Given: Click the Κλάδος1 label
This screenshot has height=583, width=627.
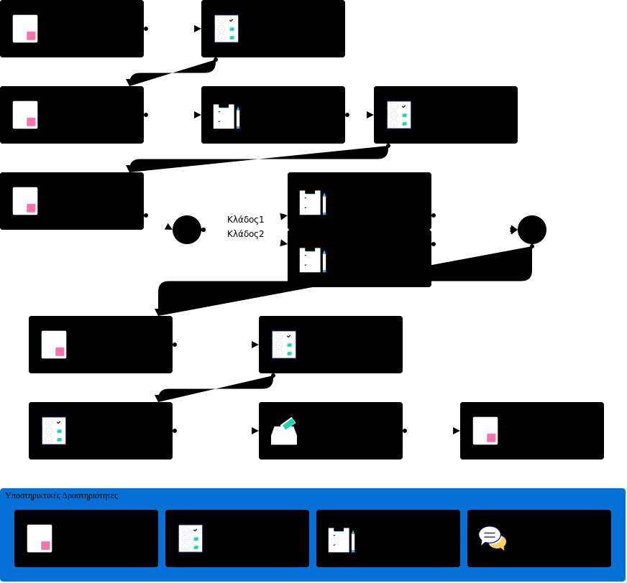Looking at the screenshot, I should coord(245,220).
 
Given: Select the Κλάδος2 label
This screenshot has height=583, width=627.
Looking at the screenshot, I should coord(245,234).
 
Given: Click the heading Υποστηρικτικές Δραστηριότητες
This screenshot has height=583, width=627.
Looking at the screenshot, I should coord(61,495).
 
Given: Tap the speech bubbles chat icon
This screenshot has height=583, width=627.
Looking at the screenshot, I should coord(493,538).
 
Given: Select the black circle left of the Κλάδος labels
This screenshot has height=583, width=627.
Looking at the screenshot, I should coord(187,230).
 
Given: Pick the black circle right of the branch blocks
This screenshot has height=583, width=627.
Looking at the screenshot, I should coord(532,230).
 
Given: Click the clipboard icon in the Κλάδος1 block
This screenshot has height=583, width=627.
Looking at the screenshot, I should coord(313,202).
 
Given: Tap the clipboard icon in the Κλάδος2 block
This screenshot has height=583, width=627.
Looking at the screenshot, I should coord(313,260).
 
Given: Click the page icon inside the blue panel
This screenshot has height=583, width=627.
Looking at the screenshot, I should coord(40,538).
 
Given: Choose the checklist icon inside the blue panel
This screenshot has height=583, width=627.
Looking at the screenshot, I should coord(191,538).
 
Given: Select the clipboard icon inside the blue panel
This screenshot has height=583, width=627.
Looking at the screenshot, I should coord(342,540).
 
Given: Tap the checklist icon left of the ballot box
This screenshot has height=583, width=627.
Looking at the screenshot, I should coord(54,431).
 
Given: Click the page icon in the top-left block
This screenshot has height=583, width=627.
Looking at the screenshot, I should coord(25,29).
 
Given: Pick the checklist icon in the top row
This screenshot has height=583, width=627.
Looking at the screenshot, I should coord(226,29).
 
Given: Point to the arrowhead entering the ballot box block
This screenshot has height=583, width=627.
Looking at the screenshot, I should coord(255,431).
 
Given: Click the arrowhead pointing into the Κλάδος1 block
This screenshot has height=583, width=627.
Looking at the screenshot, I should coord(283,216).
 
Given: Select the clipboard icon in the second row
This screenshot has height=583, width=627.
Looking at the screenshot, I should coord(226,116).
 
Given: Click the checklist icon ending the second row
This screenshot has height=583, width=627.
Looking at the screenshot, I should coord(399,115).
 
